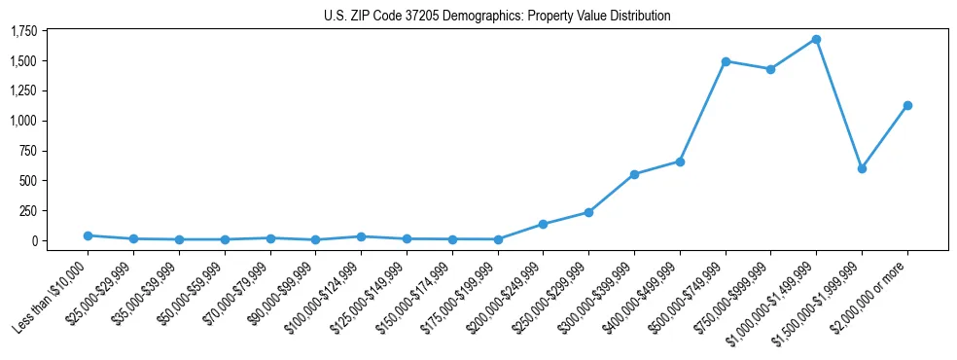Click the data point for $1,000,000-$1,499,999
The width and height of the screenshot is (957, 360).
pos(816,40)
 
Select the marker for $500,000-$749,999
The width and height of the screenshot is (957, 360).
pos(726,61)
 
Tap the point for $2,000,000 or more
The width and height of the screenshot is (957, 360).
pos(907,105)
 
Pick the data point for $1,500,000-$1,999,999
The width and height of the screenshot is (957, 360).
pos(862,168)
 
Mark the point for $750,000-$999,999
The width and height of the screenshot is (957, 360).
pos(770,69)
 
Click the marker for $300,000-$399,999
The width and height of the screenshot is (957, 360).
pos(634,174)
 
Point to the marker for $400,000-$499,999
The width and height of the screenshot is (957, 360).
pos(680,162)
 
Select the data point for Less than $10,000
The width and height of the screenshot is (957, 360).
pos(89,235)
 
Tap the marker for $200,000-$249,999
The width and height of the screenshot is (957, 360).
pos(543,224)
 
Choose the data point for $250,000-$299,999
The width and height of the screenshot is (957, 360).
pos(588,212)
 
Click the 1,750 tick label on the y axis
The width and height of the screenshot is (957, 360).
pos(22,31)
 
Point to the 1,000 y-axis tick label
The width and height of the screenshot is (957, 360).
pos(22,121)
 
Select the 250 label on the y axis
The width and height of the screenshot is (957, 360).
pos(27,211)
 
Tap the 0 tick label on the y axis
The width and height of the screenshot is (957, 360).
pos(32,241)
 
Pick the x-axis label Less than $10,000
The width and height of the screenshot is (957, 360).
pos(51,297)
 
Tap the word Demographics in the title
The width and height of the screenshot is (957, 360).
pos(482,17)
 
